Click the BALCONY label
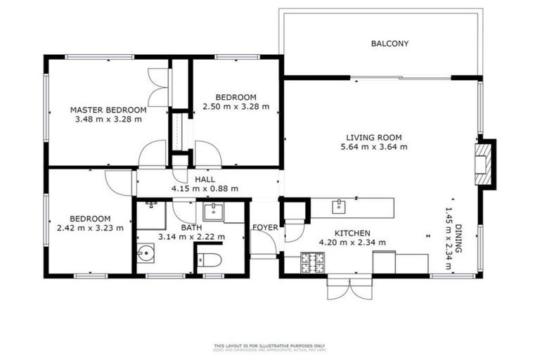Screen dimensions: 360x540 (x=390, y=44)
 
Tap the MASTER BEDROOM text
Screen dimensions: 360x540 (x=108, y=110)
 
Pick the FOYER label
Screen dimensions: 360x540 (x=266, y=228)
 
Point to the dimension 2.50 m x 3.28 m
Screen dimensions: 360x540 (x=236, y=107)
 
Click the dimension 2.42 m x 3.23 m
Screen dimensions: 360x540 (x=90, y=228)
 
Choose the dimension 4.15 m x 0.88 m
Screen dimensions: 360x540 (x=205, y=188)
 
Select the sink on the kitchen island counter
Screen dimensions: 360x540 (x=340, y=205)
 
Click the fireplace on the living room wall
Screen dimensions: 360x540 (x=484, y=163)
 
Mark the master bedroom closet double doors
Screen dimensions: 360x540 (x=158, y=89)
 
